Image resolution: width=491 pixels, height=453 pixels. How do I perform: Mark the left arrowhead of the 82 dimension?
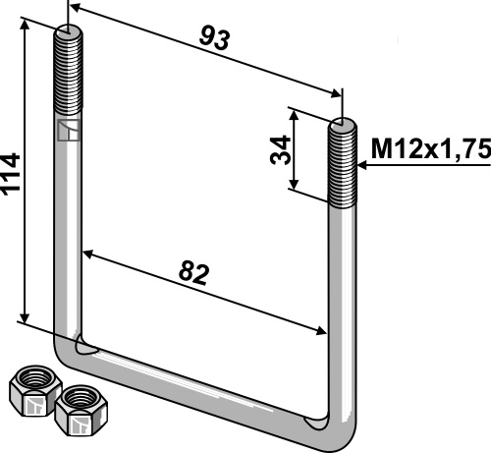click(88, 255)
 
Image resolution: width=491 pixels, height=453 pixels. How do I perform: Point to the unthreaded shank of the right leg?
click(346, 295)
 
